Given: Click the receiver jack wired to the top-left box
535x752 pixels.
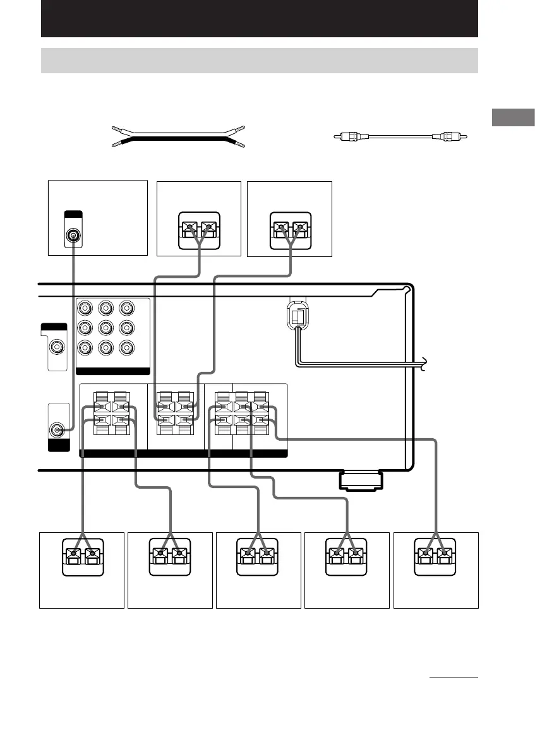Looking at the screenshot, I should (x=57, y=430).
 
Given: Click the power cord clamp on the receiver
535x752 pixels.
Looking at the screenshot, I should (x=296, y=314).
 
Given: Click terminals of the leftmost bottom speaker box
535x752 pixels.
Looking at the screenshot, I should (x=82, y=556).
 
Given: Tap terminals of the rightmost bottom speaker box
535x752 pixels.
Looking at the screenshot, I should (x=436, y=556).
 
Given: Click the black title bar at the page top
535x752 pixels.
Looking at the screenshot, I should (x=259, y=18).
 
